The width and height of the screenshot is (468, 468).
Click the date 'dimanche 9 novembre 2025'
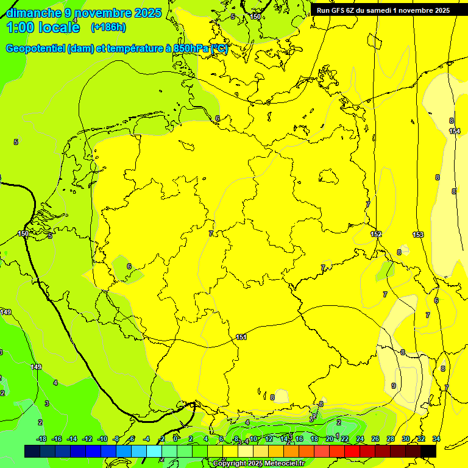point(83,13)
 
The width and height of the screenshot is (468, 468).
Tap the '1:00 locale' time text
point(44,27)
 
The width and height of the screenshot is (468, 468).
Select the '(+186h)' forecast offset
point(108,27)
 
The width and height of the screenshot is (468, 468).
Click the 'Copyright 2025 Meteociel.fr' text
point(258,464)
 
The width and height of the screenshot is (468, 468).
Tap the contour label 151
point(241,337)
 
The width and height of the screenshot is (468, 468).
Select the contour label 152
point(376,234)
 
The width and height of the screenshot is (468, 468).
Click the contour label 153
point(418,235)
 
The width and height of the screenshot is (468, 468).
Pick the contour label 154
point(455,131)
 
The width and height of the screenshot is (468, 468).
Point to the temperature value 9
point(393,386)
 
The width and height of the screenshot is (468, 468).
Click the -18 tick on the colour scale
point(41,439)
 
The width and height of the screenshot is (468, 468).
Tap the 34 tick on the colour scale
point(436,439)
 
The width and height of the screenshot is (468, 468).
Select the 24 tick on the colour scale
point(360,439)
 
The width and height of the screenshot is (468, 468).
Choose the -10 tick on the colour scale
point(102,439)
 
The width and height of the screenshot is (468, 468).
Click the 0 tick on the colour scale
point(175,439)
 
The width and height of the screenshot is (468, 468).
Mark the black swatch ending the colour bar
point(428,451)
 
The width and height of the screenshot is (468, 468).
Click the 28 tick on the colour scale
point(391,439)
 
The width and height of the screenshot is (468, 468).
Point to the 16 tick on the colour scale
point(299,439)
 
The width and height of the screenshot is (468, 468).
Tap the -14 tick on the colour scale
point(72,439)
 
